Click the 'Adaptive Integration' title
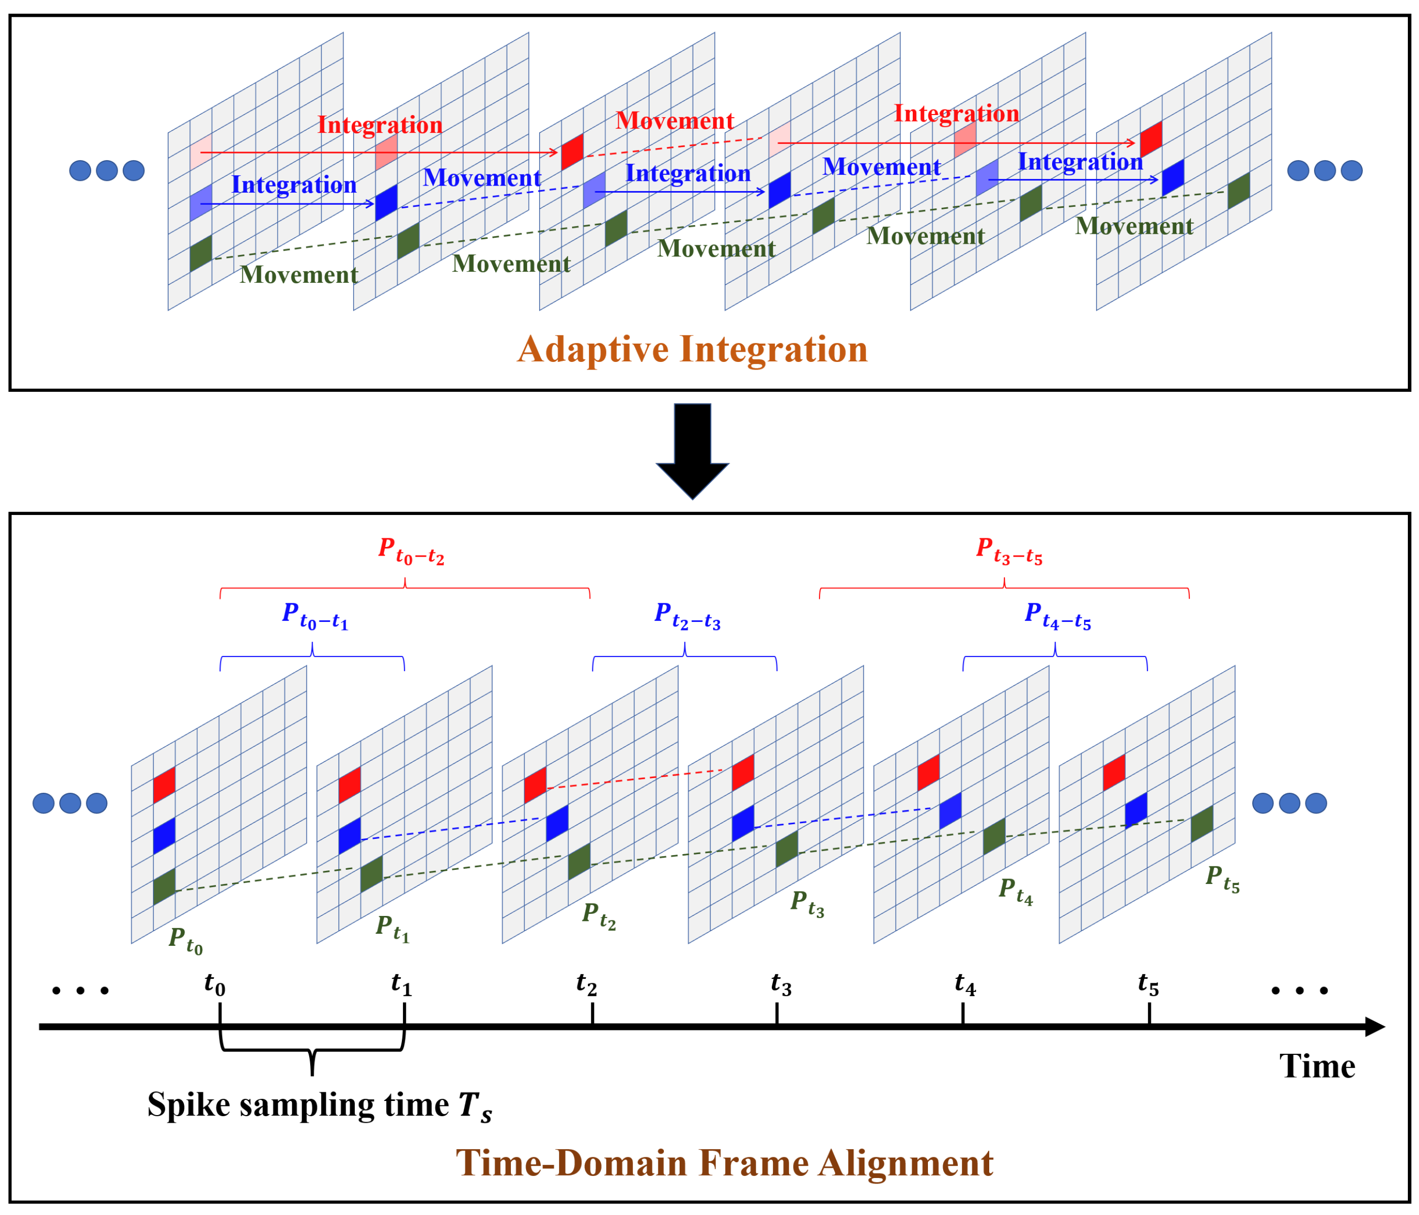692,349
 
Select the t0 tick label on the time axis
214,984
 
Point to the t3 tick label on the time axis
781,984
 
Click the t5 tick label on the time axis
1148,984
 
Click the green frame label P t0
185,940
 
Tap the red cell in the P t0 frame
164,785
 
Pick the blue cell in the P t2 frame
557,823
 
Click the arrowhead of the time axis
1375,1026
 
